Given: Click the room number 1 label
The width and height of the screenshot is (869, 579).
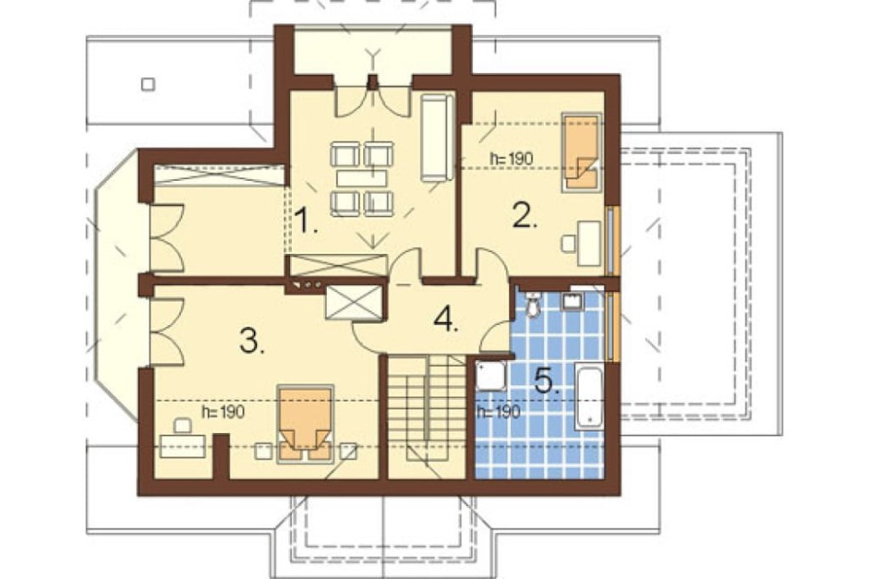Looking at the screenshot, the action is pos(305,220).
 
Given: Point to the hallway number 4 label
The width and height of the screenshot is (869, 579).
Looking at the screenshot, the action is pos(447,319).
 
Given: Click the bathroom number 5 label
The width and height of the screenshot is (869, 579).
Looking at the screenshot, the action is pos(547,381).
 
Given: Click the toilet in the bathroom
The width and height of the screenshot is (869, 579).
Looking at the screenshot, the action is pos(533,304).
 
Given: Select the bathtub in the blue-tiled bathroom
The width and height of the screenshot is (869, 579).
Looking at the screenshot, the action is pos(588,396).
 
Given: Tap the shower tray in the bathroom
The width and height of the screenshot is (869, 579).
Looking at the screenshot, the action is pos(490,376).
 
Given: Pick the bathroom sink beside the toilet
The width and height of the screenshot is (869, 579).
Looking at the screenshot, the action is pos(572,300).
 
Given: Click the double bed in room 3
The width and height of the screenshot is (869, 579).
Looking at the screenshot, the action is pos(305,423).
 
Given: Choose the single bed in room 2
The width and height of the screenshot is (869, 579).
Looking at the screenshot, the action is pos(581,152).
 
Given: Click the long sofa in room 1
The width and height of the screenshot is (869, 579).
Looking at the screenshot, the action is pos(437,137).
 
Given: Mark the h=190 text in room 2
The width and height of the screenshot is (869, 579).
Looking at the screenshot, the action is pos(511,158).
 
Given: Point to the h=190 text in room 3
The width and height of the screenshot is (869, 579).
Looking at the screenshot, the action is pos(223,412).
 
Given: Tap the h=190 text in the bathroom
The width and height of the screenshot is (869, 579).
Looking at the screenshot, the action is pos(499,412).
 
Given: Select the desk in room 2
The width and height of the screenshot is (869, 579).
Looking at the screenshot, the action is pos(590,243).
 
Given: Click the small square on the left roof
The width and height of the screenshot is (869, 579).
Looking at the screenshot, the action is pos(148,84).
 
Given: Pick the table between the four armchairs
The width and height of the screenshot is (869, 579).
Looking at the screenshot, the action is pos(362,178).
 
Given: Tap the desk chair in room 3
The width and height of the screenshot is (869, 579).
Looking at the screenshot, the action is pos(182,426).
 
